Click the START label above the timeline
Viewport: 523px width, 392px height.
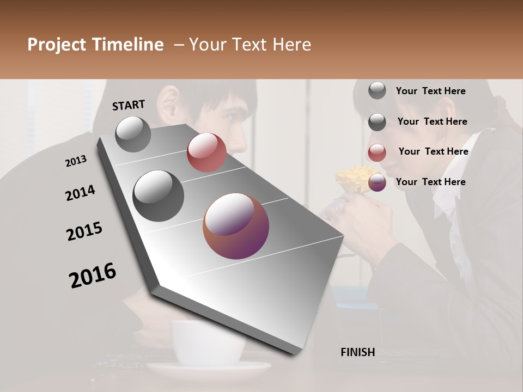(129, 105)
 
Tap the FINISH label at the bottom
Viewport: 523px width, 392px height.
(357, 352)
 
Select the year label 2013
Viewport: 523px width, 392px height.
(76, 161)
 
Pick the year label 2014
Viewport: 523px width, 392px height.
(80, 193)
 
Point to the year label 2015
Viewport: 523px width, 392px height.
(84, 231)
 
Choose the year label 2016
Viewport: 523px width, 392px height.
(93, 275)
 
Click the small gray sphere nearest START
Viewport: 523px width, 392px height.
(133, 134)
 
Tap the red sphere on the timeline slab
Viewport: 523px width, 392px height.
(206, 152)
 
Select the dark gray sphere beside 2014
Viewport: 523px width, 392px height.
(158, 196)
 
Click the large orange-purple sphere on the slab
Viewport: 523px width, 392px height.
(236, 226)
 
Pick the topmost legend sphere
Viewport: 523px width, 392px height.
(377, 90)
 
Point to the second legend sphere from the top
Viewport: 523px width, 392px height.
(377, 121)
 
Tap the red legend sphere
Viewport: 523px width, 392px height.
(377, 152)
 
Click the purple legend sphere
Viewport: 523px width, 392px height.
(377, 182)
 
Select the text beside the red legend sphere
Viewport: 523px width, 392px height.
(433, 151)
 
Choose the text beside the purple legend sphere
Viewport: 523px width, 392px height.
(430, 182)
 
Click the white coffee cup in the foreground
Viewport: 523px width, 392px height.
(207, 343)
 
